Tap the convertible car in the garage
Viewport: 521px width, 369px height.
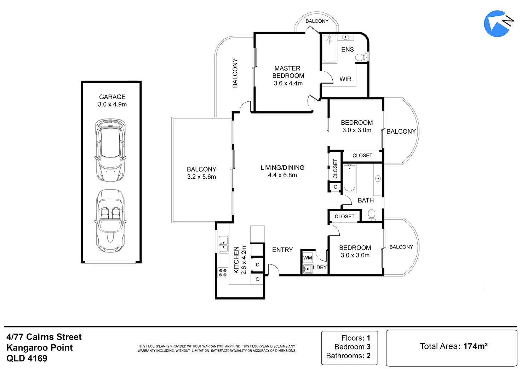tap(110, 221)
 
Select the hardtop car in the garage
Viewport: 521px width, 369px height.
tap(110, 150)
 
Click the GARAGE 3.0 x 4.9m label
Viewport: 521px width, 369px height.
tap(112, 100)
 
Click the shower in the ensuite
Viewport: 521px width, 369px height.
tap(329, 49)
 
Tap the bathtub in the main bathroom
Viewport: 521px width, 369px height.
tap(349, 178)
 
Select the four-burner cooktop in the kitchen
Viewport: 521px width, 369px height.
tap(223, 273)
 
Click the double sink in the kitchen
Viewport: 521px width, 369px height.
tap(224, 245)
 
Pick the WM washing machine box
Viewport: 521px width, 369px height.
tap(308, 258)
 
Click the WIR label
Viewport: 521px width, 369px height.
tap(345, 79)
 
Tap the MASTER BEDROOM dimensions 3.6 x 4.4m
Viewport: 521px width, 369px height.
tap(288, 83)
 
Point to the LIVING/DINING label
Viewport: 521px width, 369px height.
tap(282, 168)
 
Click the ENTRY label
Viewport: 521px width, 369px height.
tap(282, 250)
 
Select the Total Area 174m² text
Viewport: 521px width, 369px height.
tap(453, 346)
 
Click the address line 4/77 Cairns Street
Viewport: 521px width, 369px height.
tap(44, 337)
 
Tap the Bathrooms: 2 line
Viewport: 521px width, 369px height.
tap(348, 356)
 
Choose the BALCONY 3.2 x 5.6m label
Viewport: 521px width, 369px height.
tap(201, 173)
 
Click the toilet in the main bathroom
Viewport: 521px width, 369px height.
tap(371, 215)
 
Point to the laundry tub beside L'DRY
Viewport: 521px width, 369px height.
tap(308, 269)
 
